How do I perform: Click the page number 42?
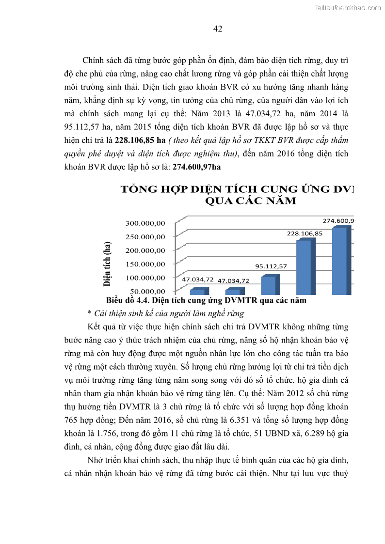click(x=218, y=29)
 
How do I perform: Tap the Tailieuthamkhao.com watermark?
click(x=348, y=8)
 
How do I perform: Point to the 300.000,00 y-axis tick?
click(x=146, y=223)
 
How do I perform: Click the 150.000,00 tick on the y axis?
click(x=146, y=264)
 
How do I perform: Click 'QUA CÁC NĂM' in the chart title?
click(x=251, y=201)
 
